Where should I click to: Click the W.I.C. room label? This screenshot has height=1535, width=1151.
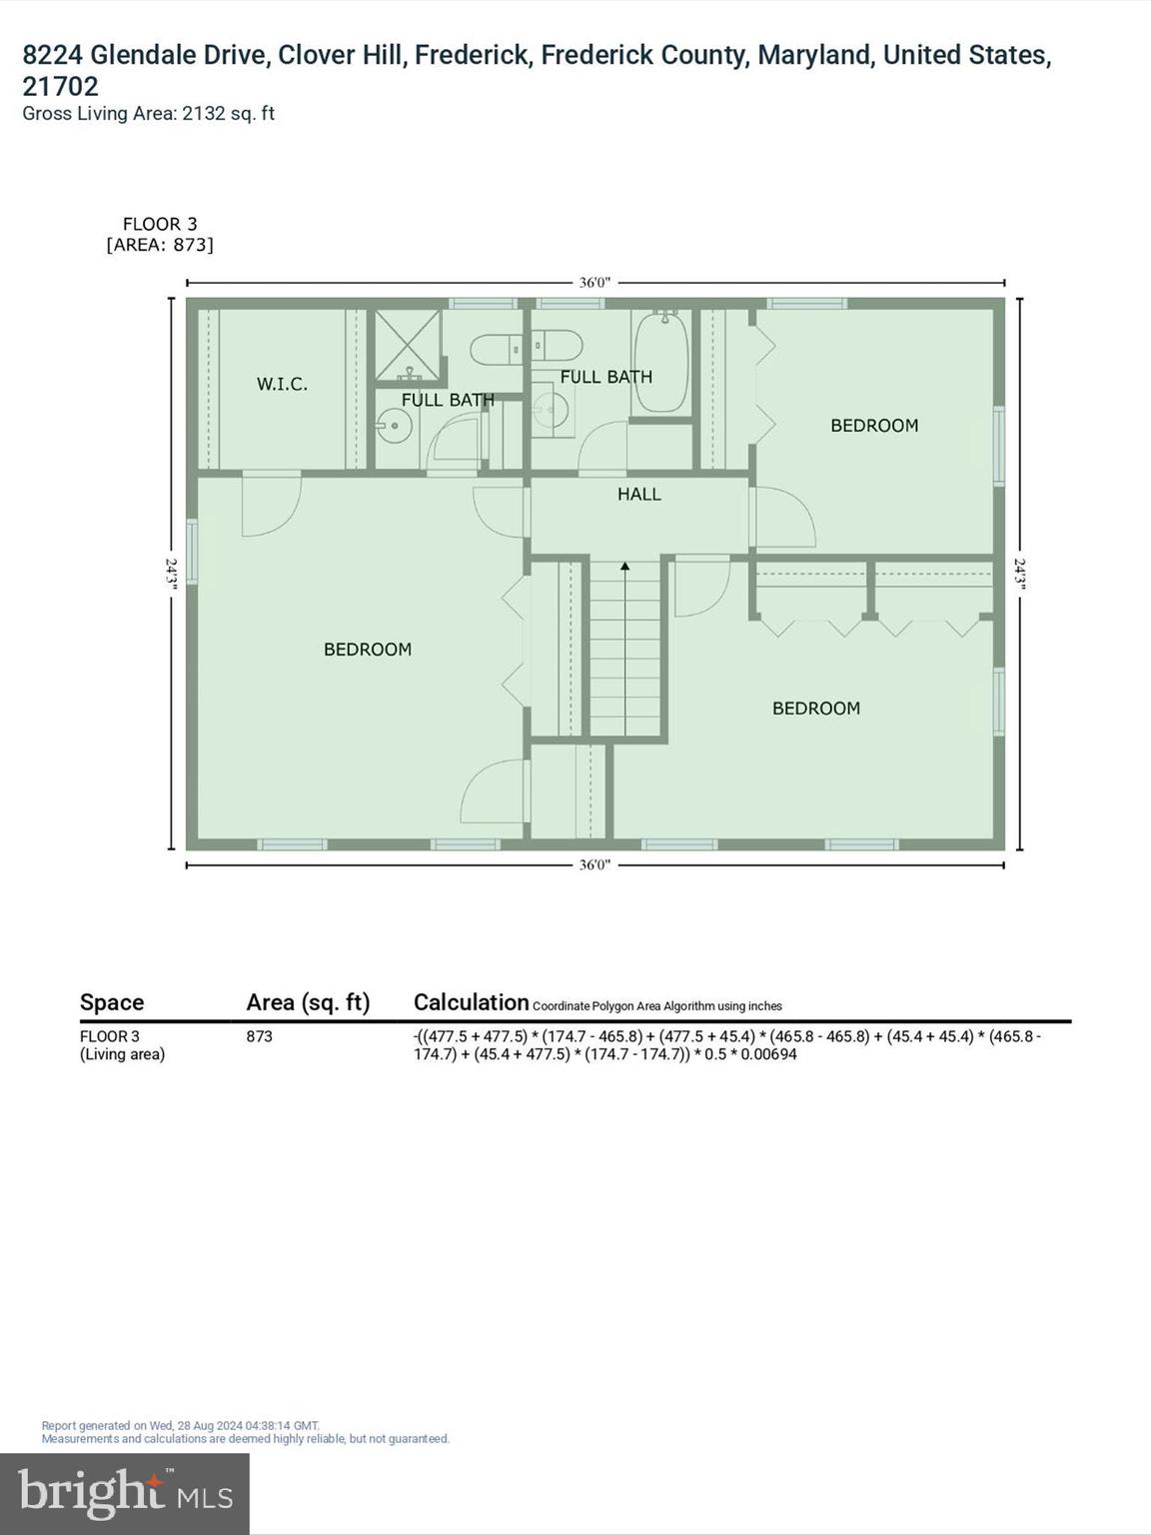(x=282, y=384)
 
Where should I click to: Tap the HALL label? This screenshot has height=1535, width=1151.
(x=639, y=494)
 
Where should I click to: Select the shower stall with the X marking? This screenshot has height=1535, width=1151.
(x=408, y=345)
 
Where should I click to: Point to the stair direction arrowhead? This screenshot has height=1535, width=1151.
(x=625, y=567)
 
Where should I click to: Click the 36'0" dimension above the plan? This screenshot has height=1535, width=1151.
(x=594, y=283)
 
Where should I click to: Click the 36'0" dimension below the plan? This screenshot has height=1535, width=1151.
(x=594, y=864)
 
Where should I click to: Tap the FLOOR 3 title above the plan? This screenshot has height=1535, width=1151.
(x=160, y=224)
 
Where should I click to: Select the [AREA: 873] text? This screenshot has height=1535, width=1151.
(x=160, y=245)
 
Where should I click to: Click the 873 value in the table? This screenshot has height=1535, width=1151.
(x=260, y=1036)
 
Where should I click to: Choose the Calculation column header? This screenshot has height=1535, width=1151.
(x=471, y=1002)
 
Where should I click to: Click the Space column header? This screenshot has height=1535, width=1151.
(x=112, y=1002)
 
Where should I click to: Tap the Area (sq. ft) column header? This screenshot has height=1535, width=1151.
(x=308, y=1002)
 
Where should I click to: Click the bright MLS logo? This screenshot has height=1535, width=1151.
(x=125, y=1493)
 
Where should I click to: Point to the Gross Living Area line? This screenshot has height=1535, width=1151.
(x=148, y=114)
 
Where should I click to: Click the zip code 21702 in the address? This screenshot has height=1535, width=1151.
(x=61, y=86)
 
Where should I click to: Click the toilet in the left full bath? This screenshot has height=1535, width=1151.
(x=496, y=350)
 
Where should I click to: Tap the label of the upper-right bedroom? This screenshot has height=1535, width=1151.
(x=874, y=426)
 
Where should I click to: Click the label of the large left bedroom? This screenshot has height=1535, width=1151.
(x=368, y=650)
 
